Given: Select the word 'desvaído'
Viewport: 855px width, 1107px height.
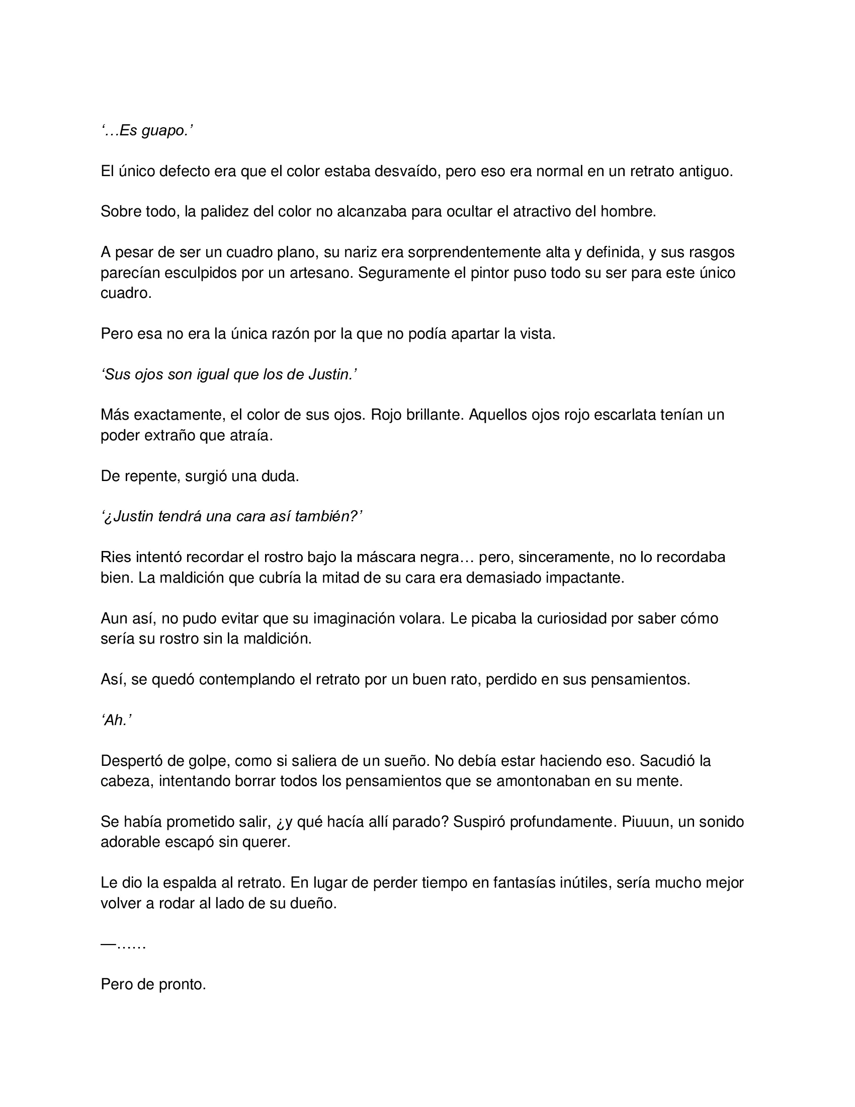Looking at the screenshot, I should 408,171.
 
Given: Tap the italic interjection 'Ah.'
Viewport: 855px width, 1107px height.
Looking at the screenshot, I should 117,720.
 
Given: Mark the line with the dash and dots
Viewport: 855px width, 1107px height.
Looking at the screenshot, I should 124,945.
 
